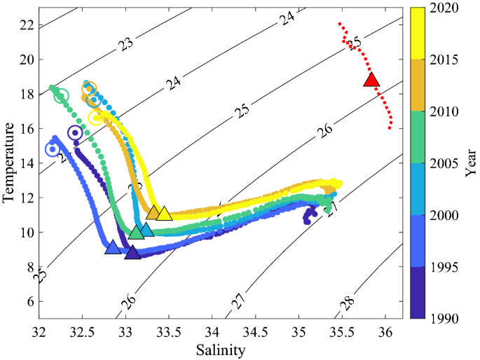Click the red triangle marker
pyautogui.click(x=371, y=80)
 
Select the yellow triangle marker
pyautogui.click(x=164, y=214)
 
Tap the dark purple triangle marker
pyautogui.click(x=132, y=252)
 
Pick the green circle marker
pyautogui.click(x=61, y=96)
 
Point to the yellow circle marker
pyautogui.click(x=97, y=118)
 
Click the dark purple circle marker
pyautogui.click(x=75, y=132)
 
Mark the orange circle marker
pyautogui.click(x=89, y=89)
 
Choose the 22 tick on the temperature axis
pyautogui.click(x=26, y=25)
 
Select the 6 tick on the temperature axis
pyautogui.click(x=29, y=301)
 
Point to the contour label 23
pyautogui.click(x=126, y=44)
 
